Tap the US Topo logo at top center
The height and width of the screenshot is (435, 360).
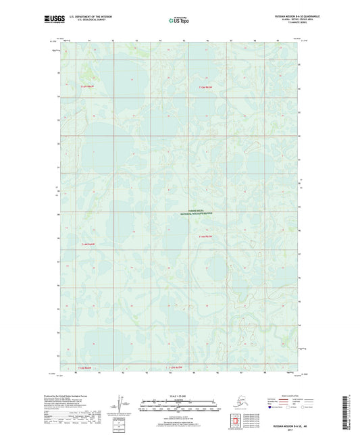point(179,20)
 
